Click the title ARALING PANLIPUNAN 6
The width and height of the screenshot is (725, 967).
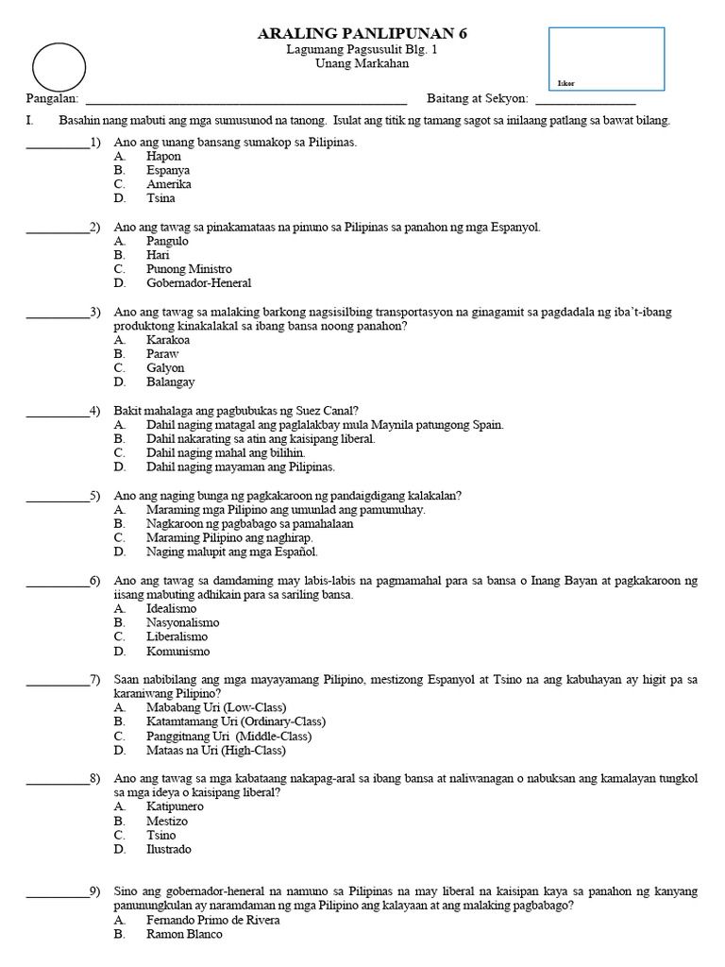tap(362, 34)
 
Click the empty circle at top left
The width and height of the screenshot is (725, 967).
tap(59, 68)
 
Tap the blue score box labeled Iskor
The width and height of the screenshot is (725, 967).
tap(606, 59)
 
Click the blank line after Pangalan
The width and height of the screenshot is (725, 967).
tap(246, 98)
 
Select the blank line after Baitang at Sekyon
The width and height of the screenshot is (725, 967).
tap(585, 98)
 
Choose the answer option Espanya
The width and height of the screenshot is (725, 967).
tap(168, 170)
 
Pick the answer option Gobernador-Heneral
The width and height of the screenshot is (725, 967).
tap(198, 283)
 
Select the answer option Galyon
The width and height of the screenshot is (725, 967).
tap(165, 368)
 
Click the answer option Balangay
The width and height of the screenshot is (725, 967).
tap(170, 382)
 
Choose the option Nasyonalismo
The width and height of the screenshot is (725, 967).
tap(182, 623)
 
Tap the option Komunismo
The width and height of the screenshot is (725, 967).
tap(177, 652)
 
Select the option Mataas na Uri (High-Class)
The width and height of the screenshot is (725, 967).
tap(215, 751)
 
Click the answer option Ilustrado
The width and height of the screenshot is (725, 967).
tap(168, 849)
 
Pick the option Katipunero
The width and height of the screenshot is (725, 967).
tap(175, 806)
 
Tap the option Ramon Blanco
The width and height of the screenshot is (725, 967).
tap(184, 934)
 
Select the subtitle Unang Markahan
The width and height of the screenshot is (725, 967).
tap(362, 63)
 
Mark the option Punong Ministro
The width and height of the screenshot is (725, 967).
tap(189, 269)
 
